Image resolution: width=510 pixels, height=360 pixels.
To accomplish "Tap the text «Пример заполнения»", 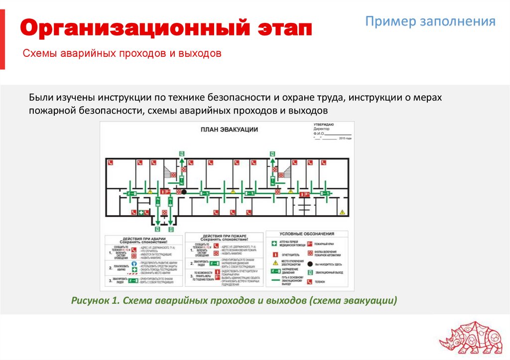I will click(x=430, y=21).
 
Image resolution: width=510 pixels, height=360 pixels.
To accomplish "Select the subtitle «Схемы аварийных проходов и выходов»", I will click(x=122, y=53).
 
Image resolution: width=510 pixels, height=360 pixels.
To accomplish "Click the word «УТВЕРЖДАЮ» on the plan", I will click(x=324, y=123).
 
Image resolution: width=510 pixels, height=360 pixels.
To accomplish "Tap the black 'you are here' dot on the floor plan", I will click(x=184, y=192).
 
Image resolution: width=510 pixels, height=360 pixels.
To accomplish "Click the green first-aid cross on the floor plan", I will click(x=141, y=213).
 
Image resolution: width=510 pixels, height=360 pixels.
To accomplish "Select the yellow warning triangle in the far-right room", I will click(x=342, y=212).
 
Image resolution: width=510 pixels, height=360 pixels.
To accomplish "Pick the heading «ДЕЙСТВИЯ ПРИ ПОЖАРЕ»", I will click(x=225, y=236).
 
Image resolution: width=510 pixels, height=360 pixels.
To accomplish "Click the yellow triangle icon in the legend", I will click(x=274, y=262).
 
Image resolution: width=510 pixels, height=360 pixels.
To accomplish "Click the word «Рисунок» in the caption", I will click(x=90, y=301).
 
